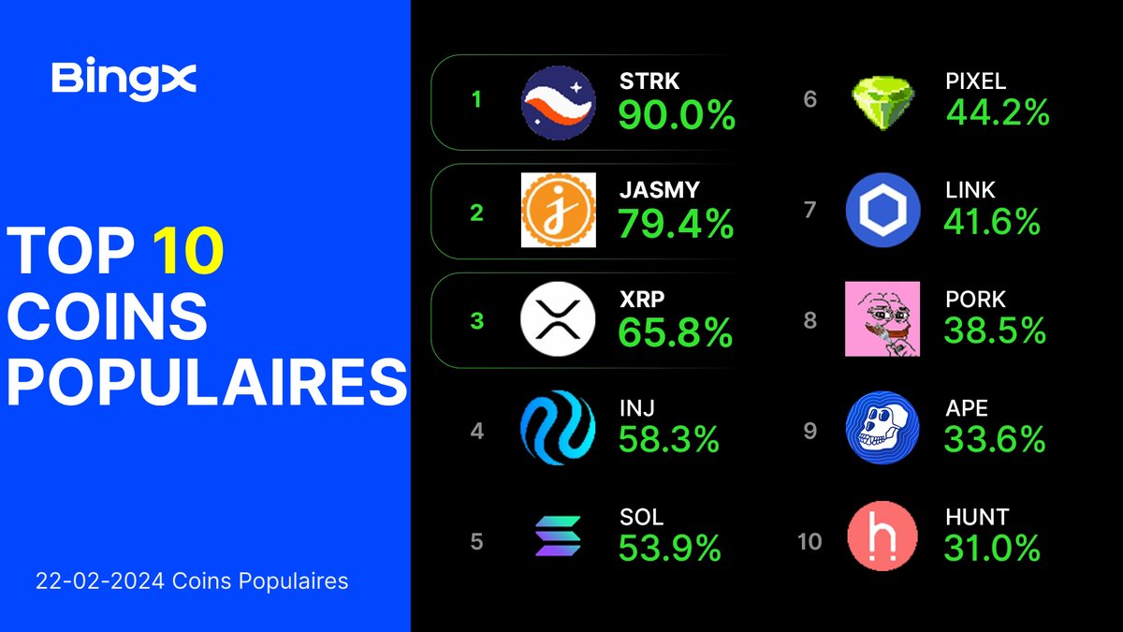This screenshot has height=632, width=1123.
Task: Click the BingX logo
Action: click(124, 79)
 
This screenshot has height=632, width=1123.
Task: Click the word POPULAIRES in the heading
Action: click(207, 381)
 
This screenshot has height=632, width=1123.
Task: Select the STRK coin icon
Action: click(558, 103)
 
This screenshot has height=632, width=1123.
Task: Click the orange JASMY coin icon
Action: click(558, 211)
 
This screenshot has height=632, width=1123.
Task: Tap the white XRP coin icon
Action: click(558, 320)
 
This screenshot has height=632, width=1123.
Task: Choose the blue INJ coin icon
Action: click(558, 429)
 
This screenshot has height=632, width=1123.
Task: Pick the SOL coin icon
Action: click(558, 537)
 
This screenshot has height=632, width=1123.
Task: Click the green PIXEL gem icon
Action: click(882, 101)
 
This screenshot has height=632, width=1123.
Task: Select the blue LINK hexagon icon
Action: click(882, 210)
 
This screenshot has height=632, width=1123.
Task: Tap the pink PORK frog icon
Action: click(882, 319)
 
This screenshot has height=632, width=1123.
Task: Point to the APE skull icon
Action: click(882, 429)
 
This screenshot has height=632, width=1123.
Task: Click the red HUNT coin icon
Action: click(882, 537)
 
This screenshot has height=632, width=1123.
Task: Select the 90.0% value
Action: click(677, 116)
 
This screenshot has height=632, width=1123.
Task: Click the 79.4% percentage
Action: click(676, 225)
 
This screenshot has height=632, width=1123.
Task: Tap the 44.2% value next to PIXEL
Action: click(998, 113)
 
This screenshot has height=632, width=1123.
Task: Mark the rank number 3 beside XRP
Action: click(476, 321)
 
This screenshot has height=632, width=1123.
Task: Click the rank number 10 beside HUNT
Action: click(809, 541)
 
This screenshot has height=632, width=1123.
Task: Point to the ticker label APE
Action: click(967, 409)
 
